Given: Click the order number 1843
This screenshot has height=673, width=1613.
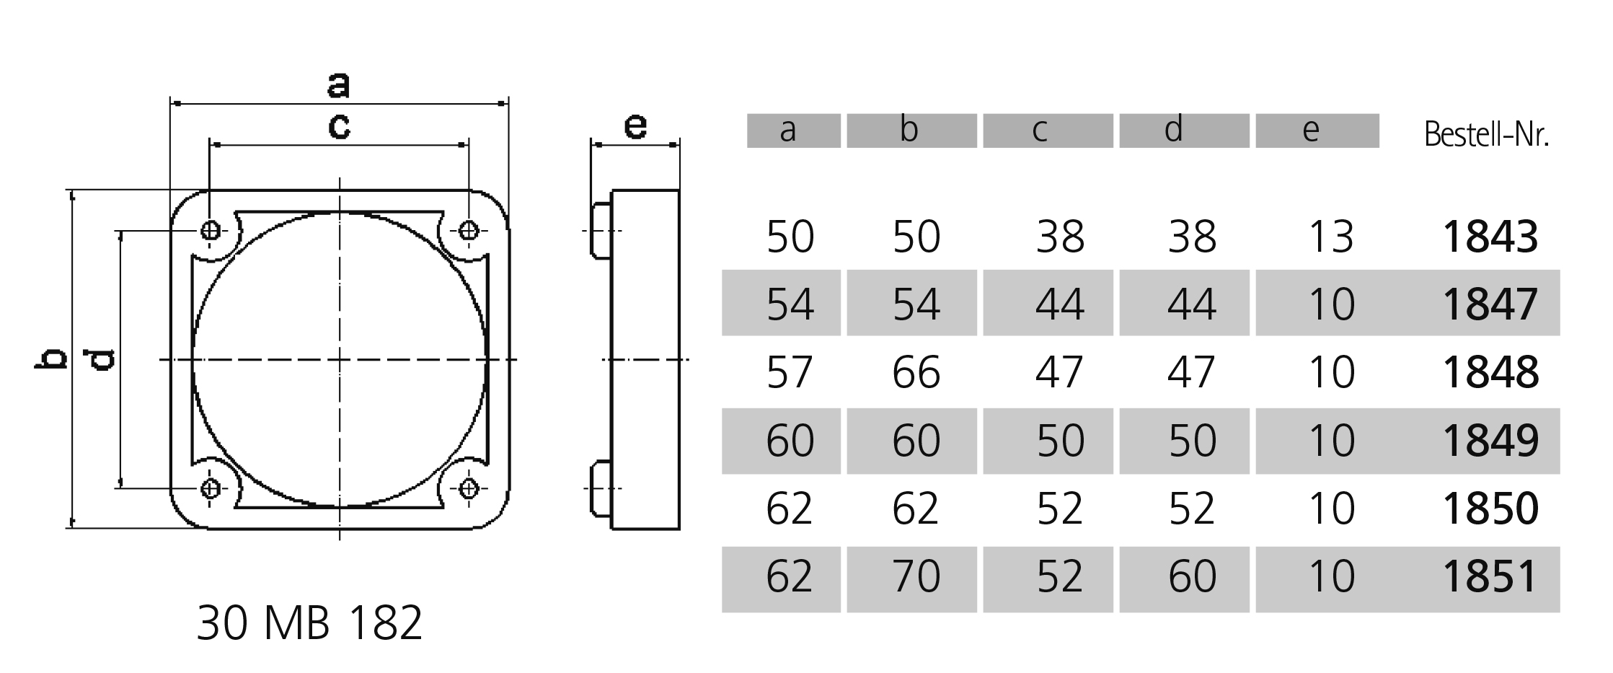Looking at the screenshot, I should [1490, 237].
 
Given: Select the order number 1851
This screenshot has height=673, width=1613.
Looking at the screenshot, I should [1490, 576].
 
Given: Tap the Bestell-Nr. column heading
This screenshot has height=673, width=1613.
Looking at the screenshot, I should [1486, 134].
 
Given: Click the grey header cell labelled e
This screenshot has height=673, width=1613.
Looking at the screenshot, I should [1317, 131].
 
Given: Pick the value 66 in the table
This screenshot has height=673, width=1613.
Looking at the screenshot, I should [916, 372].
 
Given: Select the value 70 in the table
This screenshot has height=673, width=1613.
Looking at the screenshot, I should [916, 576].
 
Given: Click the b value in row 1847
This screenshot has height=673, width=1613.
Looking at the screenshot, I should [916, 304].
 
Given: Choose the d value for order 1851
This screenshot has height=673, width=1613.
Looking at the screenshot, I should [1191, 576].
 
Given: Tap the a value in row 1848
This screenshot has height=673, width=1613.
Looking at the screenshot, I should [790, 372].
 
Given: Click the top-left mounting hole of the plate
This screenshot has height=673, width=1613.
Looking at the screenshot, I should [211, 231].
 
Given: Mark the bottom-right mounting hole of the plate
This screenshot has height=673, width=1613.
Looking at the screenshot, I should [469, 488].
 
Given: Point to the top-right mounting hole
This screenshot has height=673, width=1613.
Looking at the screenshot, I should [469, 231].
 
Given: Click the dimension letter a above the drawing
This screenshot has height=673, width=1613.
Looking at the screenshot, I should [339, 85].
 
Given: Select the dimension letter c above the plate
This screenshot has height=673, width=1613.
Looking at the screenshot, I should [339, 127].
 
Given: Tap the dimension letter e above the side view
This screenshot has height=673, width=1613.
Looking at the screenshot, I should [635, 127].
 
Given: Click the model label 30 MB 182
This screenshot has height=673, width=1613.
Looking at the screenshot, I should [309, 623].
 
